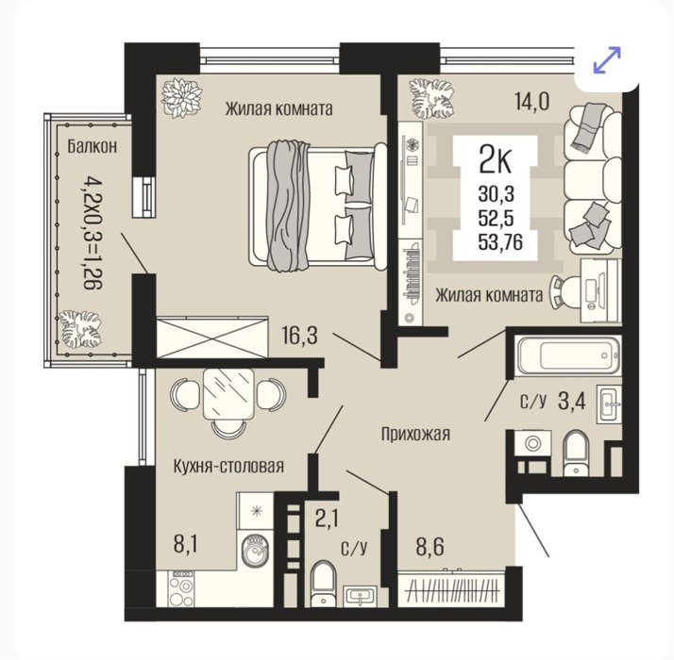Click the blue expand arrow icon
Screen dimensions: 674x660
click(607, 59)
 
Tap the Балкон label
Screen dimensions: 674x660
click(92, 147)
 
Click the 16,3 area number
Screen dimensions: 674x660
click(299, 336)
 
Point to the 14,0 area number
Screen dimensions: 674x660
click(531, 102)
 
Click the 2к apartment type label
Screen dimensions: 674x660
click(495, 159)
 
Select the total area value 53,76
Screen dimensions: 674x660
click(500, 242)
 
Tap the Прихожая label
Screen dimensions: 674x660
click(415, 434)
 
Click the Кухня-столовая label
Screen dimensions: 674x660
click(228, 467)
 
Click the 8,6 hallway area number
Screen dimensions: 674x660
click(430, 547)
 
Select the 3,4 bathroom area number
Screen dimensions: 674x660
click(572, 402)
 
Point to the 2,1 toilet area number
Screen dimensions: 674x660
click(327, 518)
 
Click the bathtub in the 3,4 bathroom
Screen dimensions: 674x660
click(569, 355)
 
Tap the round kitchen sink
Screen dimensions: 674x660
click(255, 551)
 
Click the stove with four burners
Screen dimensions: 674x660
click(181, 588)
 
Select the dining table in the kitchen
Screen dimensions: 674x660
click(228, 393)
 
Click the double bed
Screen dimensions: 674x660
click(318, 206)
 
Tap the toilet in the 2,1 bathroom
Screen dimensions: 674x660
click(323, 584)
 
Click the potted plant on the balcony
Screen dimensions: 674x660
click(80, 328)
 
